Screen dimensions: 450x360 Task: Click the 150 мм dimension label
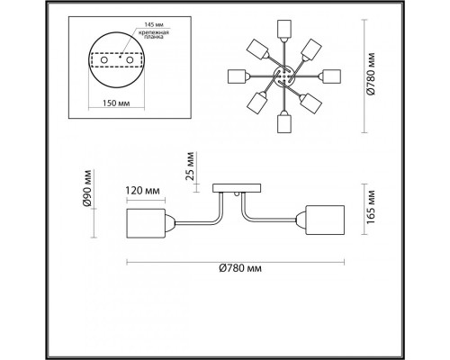116,103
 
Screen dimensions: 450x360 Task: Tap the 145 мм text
154,24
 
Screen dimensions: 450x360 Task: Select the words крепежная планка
154,34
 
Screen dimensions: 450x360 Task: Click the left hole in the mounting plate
103,60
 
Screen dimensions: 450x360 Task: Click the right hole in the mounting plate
130,60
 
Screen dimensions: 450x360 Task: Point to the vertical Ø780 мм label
372,74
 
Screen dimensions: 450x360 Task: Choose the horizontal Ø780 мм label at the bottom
240,268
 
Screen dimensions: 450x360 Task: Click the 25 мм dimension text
190,166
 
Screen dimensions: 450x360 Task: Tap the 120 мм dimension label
142,191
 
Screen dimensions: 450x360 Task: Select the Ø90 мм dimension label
87,188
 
